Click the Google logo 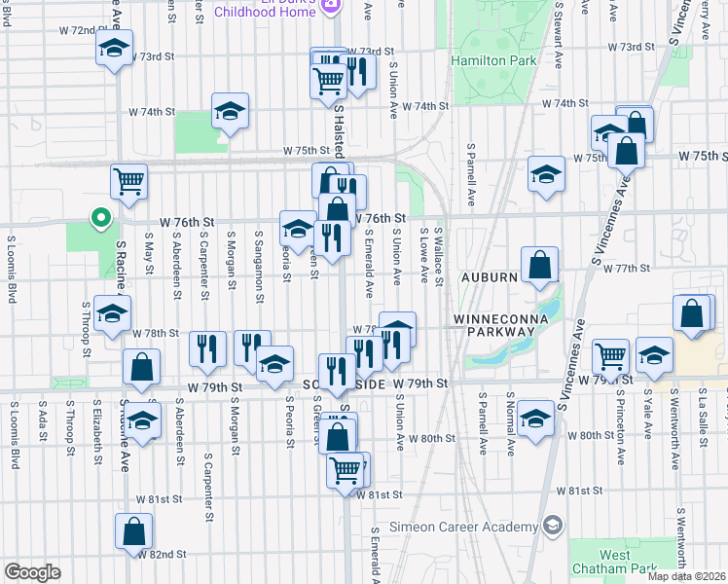click(32, 572)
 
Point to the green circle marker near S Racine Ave click(98, 218)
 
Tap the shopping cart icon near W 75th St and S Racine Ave click(129, 179)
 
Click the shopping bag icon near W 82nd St click(134, 531)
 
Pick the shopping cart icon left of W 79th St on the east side click(610, 356)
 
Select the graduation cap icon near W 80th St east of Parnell click(534, 417)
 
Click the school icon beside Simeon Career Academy click(552, 527)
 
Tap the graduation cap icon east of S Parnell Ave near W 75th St click(546, 173)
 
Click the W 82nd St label click(162, 554)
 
